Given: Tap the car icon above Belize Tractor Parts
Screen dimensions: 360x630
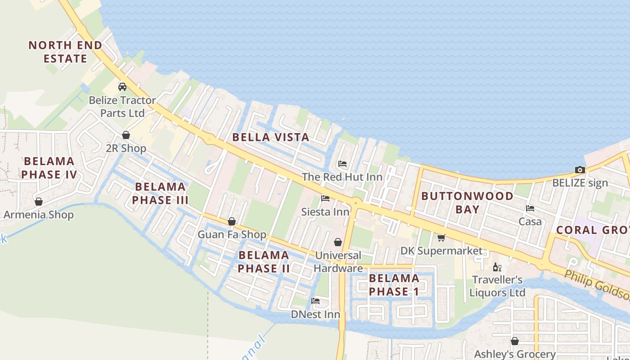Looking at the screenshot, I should point(122,86).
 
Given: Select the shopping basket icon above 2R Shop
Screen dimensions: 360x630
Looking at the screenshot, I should point(126,135).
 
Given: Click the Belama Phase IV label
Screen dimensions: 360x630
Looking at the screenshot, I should point(49,168).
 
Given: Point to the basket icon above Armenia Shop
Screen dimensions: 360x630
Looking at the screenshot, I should point(39,202).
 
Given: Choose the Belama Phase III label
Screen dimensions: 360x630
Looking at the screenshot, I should point(160,193).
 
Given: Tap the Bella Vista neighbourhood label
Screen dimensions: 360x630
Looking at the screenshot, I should point(271,137).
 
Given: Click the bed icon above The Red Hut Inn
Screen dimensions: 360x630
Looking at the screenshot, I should point(342,164).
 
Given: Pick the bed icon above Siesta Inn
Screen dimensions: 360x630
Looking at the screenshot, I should point(325,198).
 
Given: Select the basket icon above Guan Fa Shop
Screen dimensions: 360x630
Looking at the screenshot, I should point(232,221).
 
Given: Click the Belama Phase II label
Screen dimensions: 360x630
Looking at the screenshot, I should point(264,262).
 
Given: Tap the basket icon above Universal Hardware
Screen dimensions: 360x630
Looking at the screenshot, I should point(338,242).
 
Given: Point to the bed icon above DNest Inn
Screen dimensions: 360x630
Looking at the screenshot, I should point(315,301).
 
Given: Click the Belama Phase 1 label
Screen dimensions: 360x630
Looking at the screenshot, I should point(394,285).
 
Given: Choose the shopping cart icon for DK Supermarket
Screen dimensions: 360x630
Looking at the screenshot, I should point(441,238).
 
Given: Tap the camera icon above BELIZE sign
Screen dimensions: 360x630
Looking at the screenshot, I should point(580,170).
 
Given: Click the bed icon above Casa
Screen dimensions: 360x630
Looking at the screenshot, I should point(530,208).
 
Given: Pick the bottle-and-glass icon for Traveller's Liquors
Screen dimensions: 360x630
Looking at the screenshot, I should point(497,267).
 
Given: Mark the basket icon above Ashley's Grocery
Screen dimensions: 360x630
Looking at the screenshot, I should point(515,341).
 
